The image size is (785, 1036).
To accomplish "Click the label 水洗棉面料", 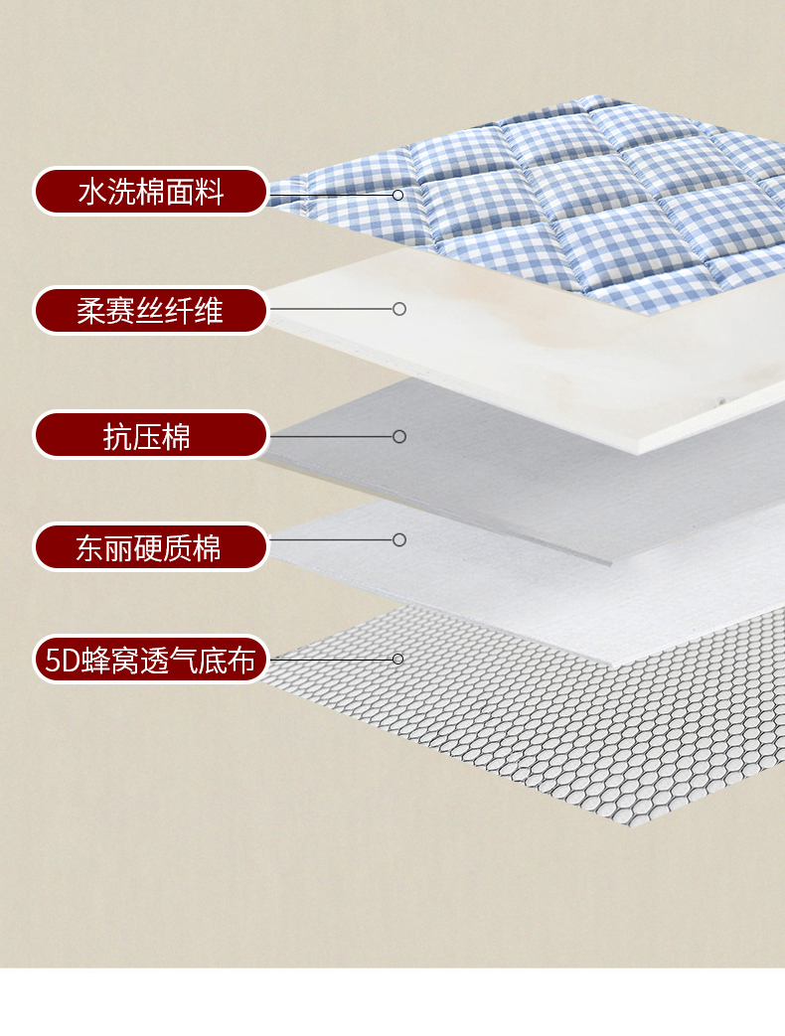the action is [x=151, y=191].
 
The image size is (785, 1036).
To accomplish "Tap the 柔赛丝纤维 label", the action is [x=151, y=310].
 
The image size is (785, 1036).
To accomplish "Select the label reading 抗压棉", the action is [x=151, y=435].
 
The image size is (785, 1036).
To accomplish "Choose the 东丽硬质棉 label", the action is [x=151, y=546].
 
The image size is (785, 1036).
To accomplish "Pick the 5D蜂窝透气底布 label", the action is [x=151, y=659].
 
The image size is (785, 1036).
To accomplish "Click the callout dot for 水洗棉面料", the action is [x=397, y=195].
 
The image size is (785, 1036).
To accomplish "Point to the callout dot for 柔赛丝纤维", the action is [x=399, y=309].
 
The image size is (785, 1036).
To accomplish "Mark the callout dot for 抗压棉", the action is [x=399, y=436].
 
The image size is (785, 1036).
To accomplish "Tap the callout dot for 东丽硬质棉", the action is [x=399, y=539].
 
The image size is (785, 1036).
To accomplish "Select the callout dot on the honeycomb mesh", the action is [x=397, y=659].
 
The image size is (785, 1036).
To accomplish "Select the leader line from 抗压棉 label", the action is [x=332, y=436].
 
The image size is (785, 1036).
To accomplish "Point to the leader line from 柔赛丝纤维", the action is [x=332, y=309].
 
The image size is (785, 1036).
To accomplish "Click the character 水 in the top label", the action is [x=91, y=191].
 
